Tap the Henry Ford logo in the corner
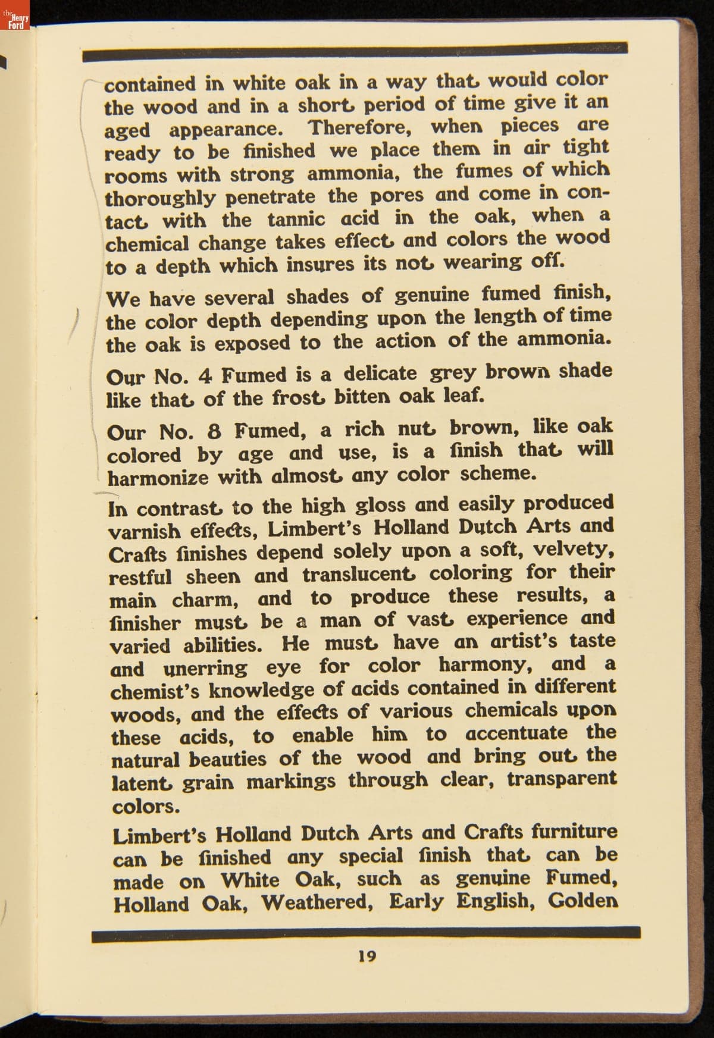pyautogui.click(x=15, y=19)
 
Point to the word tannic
pyautogui.click(x=296, y=219)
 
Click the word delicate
pyautogui.click(x=380, y=374)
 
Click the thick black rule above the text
pyautogui.click(x=355, y=52)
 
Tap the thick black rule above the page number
pyautogui.click(x=366, y=934)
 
